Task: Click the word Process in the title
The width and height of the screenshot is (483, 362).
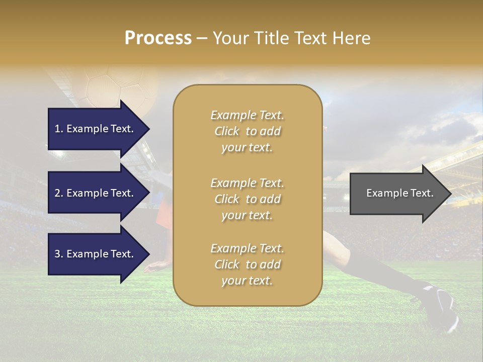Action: click(x=158, y=38)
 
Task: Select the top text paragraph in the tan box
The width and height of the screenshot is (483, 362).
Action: click(x=247, y=131)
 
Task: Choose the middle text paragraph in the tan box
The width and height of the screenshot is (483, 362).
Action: click(x=247, y=199)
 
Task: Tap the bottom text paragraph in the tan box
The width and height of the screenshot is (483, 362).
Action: click(x=247, y=264)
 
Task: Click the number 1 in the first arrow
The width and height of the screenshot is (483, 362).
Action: click(x=57, y=129)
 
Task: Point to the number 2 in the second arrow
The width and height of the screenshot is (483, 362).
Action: click(x=57, y=193)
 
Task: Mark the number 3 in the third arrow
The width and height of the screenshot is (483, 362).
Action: click(x=57, y=254)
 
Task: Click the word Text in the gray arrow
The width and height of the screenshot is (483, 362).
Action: click(x=422, y=193)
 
